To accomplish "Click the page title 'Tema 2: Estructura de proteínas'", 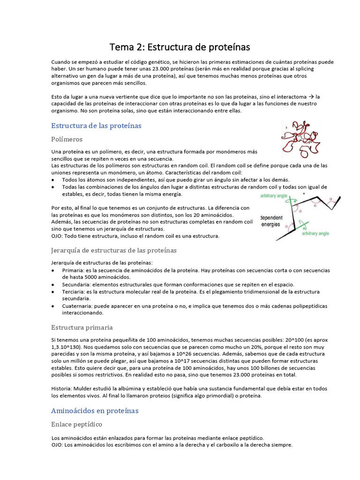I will click(180, 47).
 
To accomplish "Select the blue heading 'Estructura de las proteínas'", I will click(96, 126).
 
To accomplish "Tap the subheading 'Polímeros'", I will click(67, 139).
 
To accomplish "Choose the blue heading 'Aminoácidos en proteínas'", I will click(95, 411).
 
